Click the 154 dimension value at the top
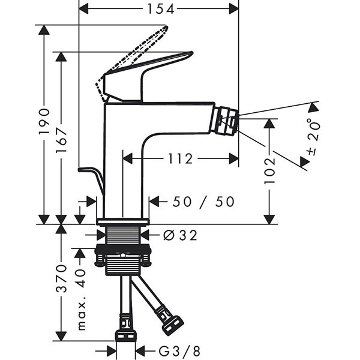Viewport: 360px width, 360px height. pyautogui.click(x=160, y=8)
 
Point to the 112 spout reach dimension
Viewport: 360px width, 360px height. pyautogui.click(x=179, y=158)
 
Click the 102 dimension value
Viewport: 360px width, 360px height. pyautogui.click(x=270, y=170)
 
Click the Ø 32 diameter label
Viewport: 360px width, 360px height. pyautogui.click(x=179, y=236)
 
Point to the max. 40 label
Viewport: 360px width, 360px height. pyautogui.click(x=82, y=300)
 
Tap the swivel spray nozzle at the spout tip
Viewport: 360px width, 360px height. pyautogui.click(x=227, y=119)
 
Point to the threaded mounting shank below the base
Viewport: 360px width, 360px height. pyautogui.click(x=123, y=237)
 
